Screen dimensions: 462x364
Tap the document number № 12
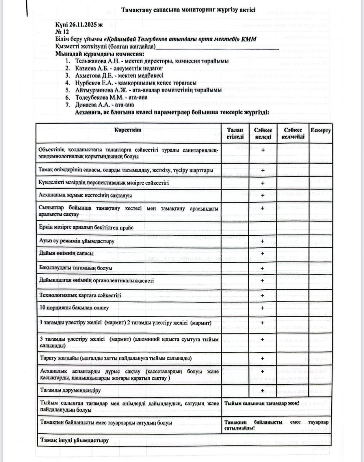tap(62, 32)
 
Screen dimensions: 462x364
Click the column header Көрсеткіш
tap(128, 130)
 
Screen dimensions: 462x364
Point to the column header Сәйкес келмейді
tap(293, 133)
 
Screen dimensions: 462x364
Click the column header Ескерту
tap(320, 131)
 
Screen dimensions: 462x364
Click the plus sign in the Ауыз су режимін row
tap(263, 241)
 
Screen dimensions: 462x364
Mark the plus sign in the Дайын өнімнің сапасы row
tap(263, 254)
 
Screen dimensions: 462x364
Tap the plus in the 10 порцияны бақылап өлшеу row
tap(263, 308)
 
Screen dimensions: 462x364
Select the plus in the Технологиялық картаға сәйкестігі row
tap(263, 295)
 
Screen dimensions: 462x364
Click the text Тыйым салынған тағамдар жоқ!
tap(261, 403)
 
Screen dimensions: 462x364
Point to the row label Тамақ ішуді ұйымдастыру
tap(74, 440)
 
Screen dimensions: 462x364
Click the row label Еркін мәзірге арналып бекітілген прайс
tap(86, 228)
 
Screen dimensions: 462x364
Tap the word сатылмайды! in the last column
tap(239, 428)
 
